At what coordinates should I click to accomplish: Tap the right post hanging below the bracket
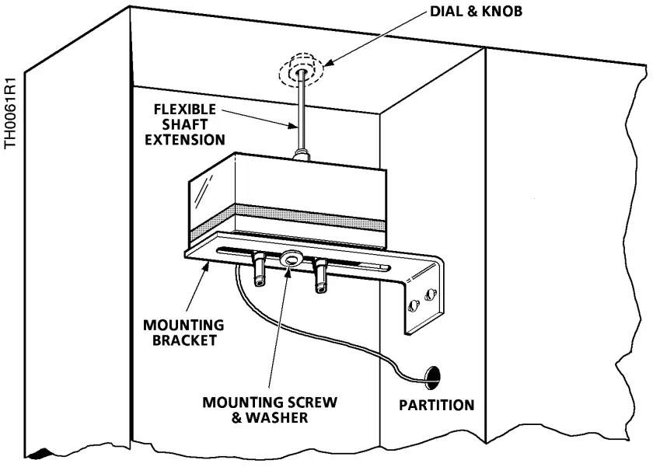tap(320, 278)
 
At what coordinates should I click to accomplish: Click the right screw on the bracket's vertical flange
tap(432, 293)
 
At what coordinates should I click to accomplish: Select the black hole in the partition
tap(431, 378)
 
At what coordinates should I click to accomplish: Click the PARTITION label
tap(436, 405)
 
